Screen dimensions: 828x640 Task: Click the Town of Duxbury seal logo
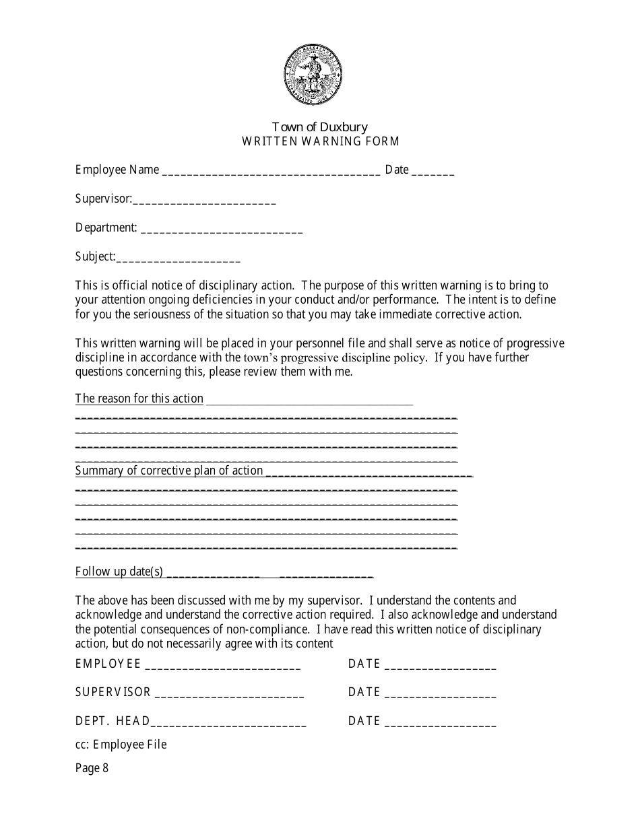click(313, 75)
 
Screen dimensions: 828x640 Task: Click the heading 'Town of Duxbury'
click(320, 127)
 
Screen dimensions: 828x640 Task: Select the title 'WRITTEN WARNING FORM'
click(321, 141)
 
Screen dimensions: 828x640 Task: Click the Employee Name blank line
click(271, 172)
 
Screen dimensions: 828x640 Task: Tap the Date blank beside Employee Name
click(433, 172)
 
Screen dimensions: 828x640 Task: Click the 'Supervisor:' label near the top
click(103, 199)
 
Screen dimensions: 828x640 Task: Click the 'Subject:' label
click(95, 256)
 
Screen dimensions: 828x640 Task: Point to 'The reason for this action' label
click(139, 399)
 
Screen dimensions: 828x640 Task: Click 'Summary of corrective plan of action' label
click(169, 471)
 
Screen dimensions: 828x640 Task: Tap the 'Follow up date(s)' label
click(119, 572)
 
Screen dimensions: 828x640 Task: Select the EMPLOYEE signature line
click(223, 666)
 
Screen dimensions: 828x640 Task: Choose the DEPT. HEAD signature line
click(229, 724)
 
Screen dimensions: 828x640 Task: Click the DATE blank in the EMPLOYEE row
click(441, 666)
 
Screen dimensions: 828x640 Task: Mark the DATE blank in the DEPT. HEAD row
click(441, 724)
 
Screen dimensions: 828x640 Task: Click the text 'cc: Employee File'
click(121, 745)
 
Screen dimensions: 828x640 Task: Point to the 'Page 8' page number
click(92, 768)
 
